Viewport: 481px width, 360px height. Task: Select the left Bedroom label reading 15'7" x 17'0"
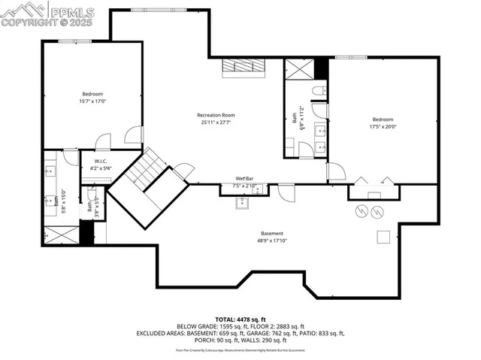[92, 98]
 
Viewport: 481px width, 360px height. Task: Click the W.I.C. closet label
[101, 165]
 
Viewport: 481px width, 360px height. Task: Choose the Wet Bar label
[245, 178]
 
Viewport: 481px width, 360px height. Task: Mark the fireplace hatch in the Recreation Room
[244, 67]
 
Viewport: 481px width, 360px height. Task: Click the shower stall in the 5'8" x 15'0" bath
[59, 235]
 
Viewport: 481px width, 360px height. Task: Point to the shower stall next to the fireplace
[298, 69]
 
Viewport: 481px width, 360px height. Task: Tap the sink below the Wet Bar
[243, 202]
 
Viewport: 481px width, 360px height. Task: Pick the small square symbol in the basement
[383, 237]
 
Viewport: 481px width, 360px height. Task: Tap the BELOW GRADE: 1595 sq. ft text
[210, 326]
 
